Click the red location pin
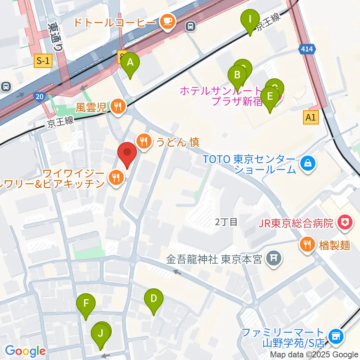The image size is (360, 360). pyautogui.click(x=127, y=154)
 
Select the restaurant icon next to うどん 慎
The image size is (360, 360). pyautogui.click(x=144, y=142)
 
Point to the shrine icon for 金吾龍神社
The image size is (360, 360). pyautogui.click(x=273, y=259)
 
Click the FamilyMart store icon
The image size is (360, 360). pyautogui.click(x=334, y=336)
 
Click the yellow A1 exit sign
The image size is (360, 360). pyautogui.click(x=311, y=118)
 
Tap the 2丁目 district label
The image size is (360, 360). pyautogui.click(x=226, y=222)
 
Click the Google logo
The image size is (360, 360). pyautogui.click(x=25, y=351)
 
